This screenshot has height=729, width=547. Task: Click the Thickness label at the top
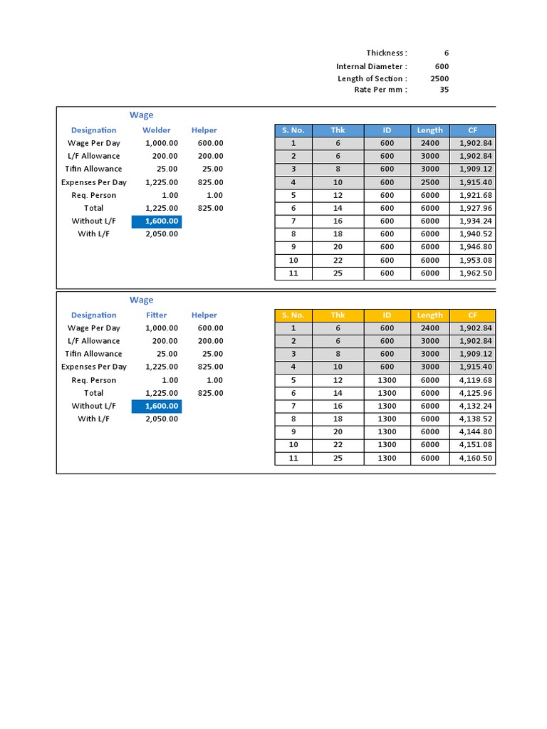[x=387, y=53]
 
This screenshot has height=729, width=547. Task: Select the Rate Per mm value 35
[x=443, y=90]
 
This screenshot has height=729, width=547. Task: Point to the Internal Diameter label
[x=372, y=66]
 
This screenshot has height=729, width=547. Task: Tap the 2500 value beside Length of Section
[x=439, y=78]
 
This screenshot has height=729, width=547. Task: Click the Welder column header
[x=157, y=130]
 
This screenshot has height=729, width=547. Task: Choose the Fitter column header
[x=157, y=315]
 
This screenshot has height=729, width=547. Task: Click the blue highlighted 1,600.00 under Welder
[x=157, y=221]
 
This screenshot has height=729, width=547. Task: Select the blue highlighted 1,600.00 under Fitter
[x=157, y=407]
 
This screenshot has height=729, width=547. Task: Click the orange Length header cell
[x=429, y=315]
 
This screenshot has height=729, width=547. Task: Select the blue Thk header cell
[x=338, y=130]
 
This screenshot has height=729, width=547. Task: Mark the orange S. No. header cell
[x=293, y=315]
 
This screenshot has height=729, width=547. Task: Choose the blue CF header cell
[x=472, y=130]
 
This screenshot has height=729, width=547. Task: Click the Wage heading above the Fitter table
[x=141, y=300]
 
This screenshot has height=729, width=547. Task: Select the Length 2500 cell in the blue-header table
[x=429, y=182]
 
